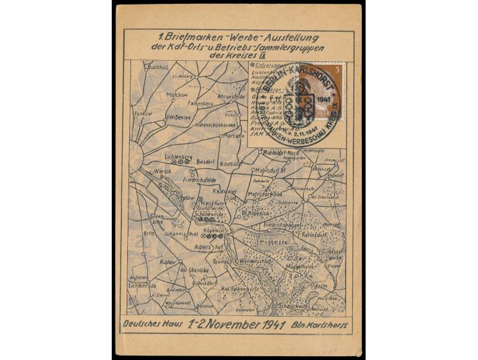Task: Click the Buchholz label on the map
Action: coord(158,67)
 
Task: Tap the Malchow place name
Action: coord(177,94)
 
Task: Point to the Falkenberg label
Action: coord(201,103)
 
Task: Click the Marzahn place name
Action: coord(233,136)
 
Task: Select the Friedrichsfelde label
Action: coord(199,180)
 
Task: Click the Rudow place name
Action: coord(167,262)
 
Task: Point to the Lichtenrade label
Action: coord(143,285)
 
